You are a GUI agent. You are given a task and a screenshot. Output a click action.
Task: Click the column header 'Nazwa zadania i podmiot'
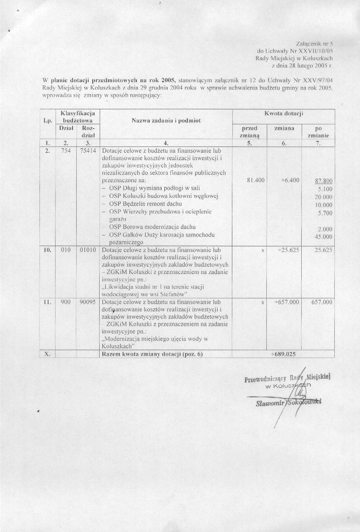click(166, 121)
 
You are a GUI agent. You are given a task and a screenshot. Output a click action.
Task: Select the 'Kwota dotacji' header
click(284, 113)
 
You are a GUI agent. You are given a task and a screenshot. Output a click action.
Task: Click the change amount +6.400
click(290, 180)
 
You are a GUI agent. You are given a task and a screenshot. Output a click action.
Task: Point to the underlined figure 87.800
click(324, 181)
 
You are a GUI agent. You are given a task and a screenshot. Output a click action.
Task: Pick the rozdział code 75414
click(87, 151)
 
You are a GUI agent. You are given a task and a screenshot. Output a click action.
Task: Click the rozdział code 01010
click(87, 250)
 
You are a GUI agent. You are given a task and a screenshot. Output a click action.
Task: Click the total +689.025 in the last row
click(283, 354)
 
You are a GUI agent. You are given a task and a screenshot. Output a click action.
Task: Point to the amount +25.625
click(288, 250)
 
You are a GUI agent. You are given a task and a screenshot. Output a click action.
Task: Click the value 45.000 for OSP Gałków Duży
click(324, 237)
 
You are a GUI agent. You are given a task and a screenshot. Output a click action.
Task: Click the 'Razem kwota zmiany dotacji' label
click(152, 354)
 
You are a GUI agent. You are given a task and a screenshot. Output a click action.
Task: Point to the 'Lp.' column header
click(47, 121)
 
